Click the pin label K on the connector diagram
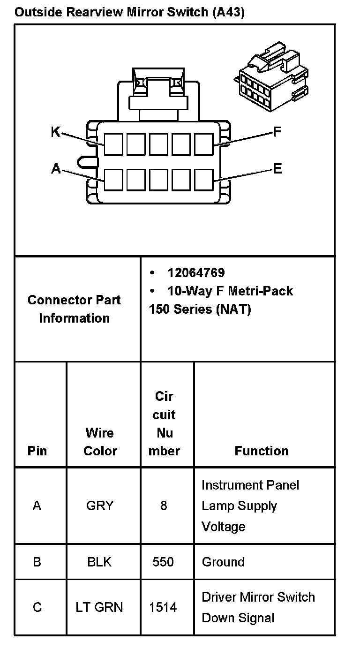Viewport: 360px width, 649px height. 55,133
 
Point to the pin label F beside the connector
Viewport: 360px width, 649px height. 277,132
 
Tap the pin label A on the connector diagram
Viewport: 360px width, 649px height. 56,169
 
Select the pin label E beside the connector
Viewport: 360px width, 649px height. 277,169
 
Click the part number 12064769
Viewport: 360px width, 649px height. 196,272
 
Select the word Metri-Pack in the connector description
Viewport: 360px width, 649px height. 260,291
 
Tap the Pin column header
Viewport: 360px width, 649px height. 37,451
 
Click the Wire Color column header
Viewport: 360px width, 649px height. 100,442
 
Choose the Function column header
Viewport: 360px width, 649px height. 262,451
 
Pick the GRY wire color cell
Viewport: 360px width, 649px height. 100,506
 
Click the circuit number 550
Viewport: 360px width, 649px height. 163,562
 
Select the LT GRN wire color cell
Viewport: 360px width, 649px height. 99,608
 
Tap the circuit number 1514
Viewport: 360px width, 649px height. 163,608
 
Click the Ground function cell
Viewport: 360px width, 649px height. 223,562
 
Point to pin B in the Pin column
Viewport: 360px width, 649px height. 37,562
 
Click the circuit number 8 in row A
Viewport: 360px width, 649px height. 164,506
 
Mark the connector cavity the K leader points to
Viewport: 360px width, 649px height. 113,144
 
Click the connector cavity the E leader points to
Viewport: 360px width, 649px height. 203,180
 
